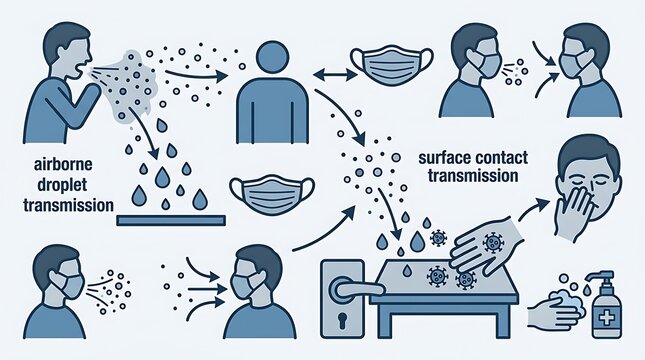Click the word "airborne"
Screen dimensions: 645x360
click(x=63, y=165)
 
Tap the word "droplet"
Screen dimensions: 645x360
click(x=62, y=184)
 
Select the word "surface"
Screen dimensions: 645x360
click(x=443, y=158)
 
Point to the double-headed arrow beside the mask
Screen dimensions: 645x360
click(x=335, y=74)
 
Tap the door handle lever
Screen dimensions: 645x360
click(x=356, y=288)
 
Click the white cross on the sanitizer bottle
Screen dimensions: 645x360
click(x=606, y=318)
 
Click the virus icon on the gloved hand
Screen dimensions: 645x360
click(x=493, y=243)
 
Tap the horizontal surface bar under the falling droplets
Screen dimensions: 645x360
click(x=171, y=221)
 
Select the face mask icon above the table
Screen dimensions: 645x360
click(x=272, y=194)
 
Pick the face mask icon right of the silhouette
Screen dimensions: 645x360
click(x=392, y=65)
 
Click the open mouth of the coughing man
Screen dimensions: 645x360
click(x=81, y=68)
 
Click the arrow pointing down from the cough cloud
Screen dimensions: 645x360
click(x=144, y=132)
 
